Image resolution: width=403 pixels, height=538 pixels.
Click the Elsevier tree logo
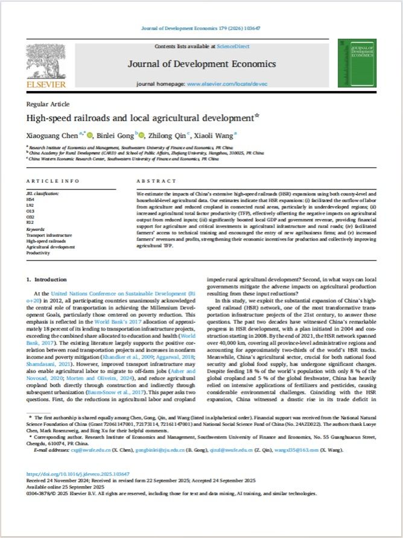(x=46, y=63)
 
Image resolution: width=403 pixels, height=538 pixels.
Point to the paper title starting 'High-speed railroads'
(x=151, y=118)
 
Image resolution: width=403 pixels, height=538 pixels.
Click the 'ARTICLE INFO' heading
(x=53, y=180)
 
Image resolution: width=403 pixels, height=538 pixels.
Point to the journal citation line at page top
(x=202, y=28)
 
